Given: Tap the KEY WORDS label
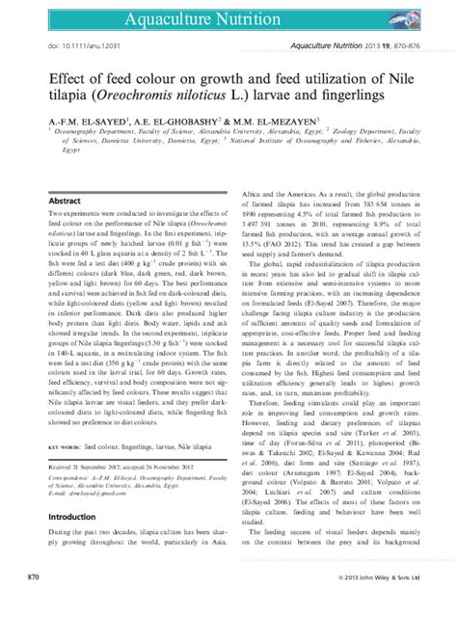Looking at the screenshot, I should click(64, 447).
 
